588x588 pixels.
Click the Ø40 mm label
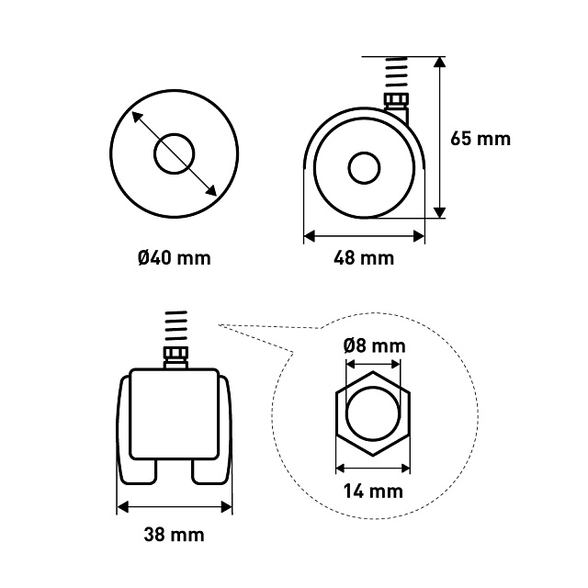tap(175, 258)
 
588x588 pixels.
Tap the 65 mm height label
tap(481, 139)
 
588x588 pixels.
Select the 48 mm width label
tap(364, 258)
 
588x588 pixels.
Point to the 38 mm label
tap(174, 535)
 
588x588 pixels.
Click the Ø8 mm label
tap(374, 345)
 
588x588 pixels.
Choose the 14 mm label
tap(373, 492)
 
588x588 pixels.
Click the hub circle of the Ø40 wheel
tap(175, 153)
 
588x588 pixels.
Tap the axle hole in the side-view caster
tap(364, 168)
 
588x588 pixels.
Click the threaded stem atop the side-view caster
tap(396, 75)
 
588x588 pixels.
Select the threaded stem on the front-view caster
tap(175, 329)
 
